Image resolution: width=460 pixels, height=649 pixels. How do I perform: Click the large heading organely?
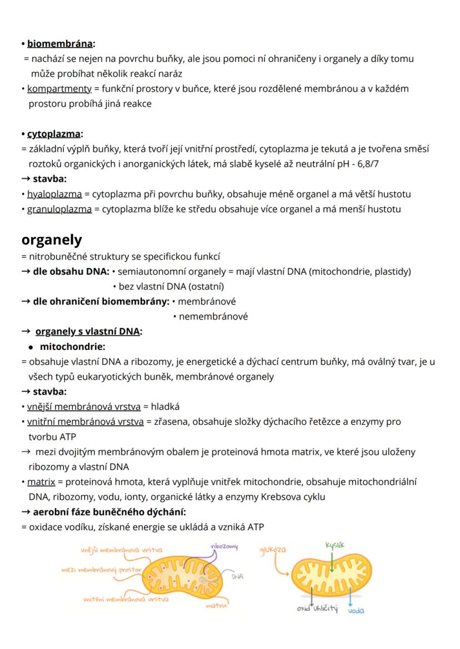tap(51, 240)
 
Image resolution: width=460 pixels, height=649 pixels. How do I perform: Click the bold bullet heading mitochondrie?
tap(72, 347)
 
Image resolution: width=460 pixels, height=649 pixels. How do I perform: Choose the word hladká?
tap(165, 406)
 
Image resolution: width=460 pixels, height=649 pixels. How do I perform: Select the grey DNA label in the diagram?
tap(237, 576)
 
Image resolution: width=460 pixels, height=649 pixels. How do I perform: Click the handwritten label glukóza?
tap(273, 550)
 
